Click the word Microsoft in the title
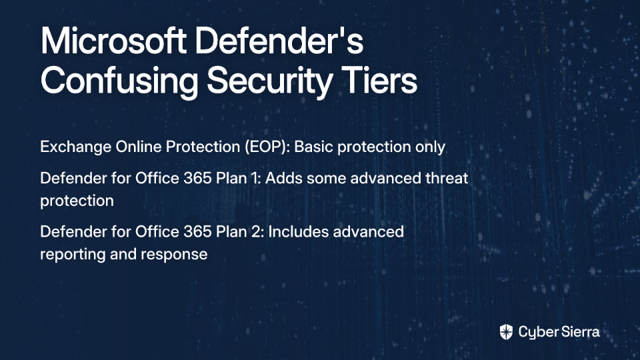(x=113, y=41)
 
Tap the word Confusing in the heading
(x=119, y=81)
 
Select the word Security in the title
(x=269, y=81)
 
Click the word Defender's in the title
(x=279, y=41)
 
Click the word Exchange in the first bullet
(x=75, y=147)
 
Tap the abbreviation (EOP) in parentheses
(x=267, y=147)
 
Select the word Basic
(x=313, y=147)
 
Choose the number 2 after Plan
(x=259, y=232)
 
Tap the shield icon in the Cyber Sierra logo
(x=506, y=332)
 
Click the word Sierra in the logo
(x=579, y=332)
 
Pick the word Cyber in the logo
(x=537, y=333)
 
